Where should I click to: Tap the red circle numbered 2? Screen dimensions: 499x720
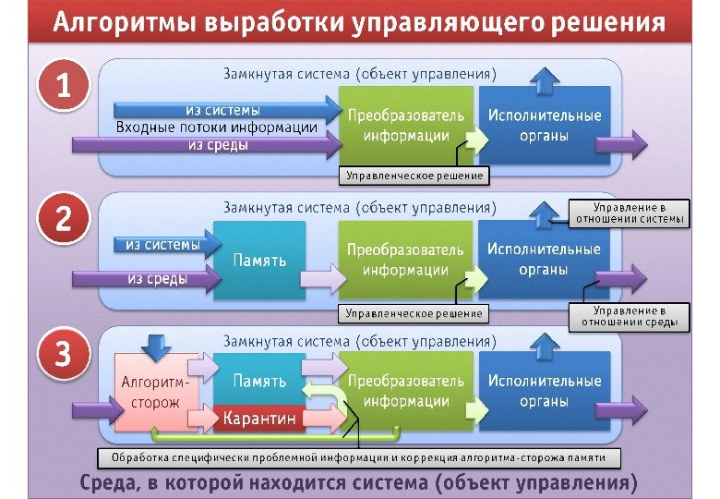pos(63,221)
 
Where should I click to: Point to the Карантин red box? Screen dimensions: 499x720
pos(259,419)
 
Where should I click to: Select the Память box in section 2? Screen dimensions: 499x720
pos(258,261)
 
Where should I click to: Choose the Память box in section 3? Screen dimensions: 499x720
pos(258,380)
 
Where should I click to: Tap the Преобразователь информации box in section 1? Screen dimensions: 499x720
pos(405,127)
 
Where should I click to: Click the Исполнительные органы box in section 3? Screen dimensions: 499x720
pos(545,391)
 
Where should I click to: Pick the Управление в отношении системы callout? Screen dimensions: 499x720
pos(629,213)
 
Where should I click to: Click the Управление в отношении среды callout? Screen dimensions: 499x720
pos(629,317)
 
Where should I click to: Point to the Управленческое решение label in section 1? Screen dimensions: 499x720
pos(414,174)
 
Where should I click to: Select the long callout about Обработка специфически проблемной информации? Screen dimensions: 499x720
pos(358,457)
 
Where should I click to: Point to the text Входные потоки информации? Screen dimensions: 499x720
pos(216,128)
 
